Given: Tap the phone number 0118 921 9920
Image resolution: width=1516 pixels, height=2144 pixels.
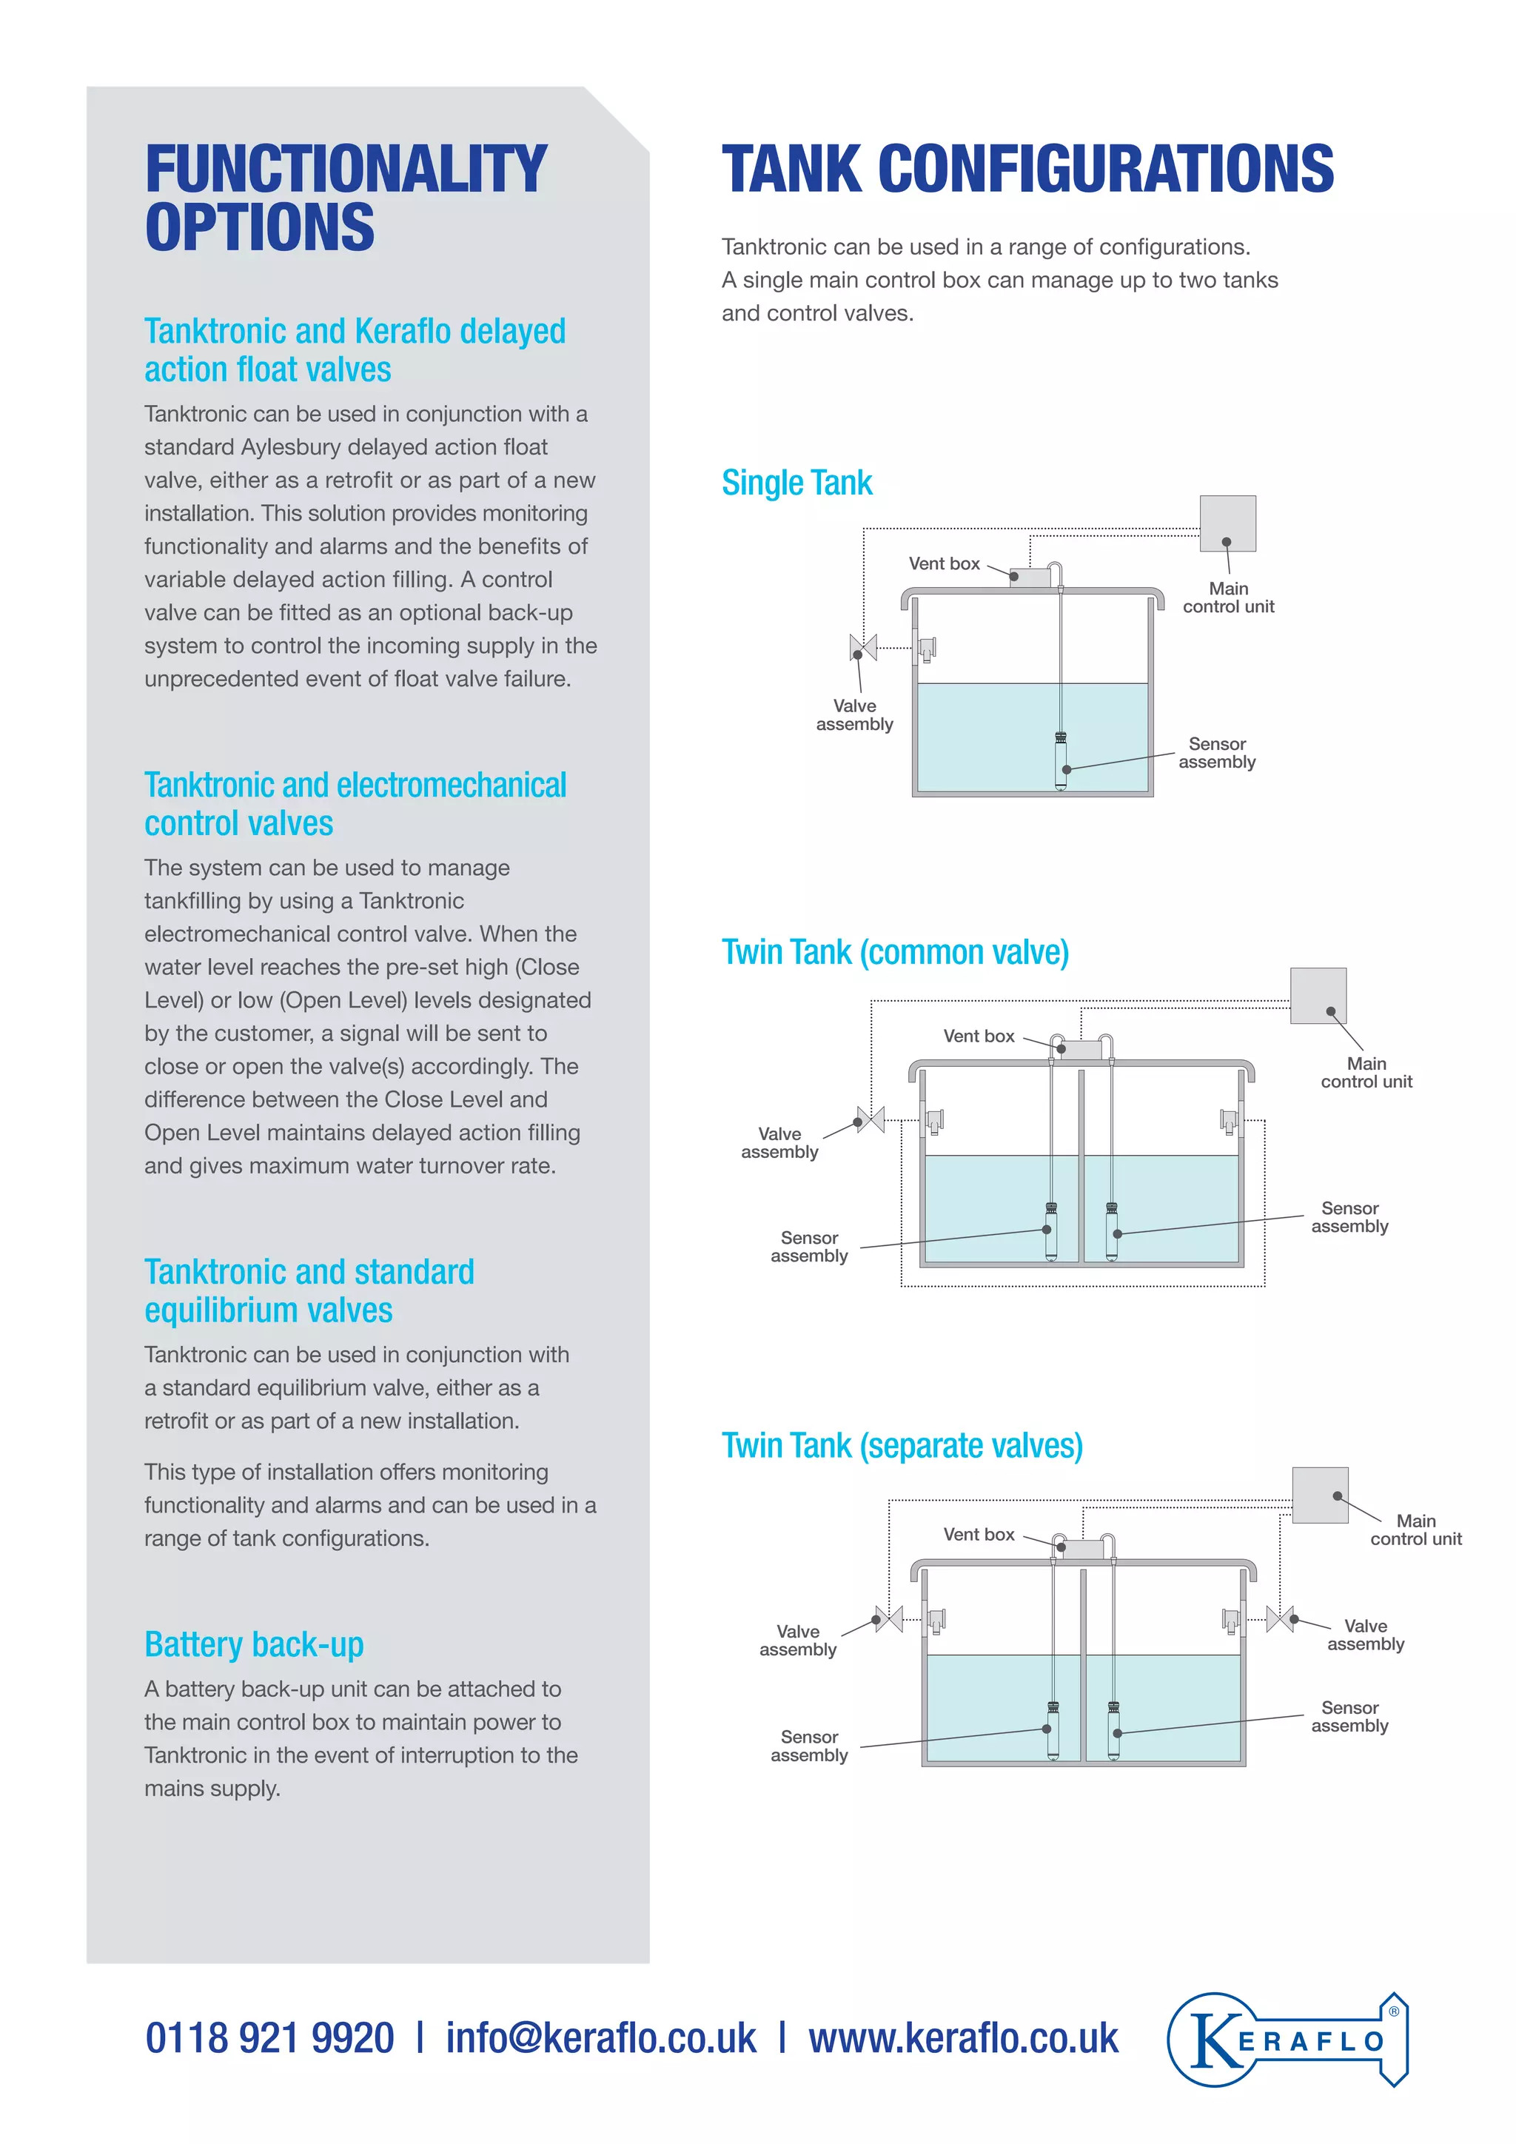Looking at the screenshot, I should [269, 2038].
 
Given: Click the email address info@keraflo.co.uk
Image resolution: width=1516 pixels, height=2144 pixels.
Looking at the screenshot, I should [600, 2038].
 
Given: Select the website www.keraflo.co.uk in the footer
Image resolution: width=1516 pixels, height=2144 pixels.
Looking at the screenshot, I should [962, 2038].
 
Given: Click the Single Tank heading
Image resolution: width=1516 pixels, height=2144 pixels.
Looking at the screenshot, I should [796, 483].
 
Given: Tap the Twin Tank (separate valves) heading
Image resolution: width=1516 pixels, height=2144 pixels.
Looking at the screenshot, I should [902, 1446].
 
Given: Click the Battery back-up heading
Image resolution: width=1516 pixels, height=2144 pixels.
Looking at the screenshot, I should [254, 1644].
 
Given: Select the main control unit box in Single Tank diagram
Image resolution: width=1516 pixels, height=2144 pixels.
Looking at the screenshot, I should [1227, 524].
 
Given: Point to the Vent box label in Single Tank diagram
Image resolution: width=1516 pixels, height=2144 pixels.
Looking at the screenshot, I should [944, 564].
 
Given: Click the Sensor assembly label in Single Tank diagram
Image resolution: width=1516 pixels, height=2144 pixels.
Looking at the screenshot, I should [1216, 753].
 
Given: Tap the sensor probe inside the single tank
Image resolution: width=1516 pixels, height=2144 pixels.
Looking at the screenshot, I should [1061, 760].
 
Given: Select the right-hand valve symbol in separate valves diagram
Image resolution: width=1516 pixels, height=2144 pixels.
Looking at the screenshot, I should [1280, 1619].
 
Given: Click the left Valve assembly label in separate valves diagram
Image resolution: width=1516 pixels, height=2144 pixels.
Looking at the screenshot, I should [797, 1640].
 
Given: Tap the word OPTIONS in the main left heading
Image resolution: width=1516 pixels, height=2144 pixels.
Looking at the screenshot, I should [260, 227].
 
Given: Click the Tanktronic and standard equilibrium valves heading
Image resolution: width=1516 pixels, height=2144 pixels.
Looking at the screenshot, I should [308, 1291].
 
